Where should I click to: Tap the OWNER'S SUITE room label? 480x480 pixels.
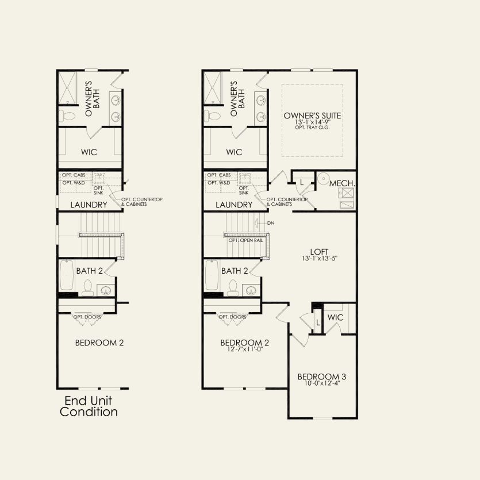point(313,116)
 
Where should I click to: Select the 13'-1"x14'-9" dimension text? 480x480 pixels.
point(313,123)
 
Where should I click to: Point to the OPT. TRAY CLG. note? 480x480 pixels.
point(313,128)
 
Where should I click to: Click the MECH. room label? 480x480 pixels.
point(342,183)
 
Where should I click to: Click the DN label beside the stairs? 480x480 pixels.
point(271,222)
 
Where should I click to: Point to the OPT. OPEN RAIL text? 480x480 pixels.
point(245,240)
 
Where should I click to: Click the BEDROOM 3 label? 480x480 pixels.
point(321,377)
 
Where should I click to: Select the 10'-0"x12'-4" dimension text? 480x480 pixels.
point(321,385)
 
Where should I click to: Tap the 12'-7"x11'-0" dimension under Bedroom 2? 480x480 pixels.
point(245,350)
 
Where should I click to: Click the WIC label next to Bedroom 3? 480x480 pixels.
point(335,317)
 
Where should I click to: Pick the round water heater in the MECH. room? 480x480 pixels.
point(323,178)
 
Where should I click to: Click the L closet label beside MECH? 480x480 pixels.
point(302,182)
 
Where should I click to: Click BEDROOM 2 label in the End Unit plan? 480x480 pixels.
point(99,343)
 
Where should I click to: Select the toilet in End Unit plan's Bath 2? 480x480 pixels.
point(88,286)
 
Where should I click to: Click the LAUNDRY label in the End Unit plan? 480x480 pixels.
point(89,204)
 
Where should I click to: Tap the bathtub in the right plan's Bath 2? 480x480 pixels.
point(212,276)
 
